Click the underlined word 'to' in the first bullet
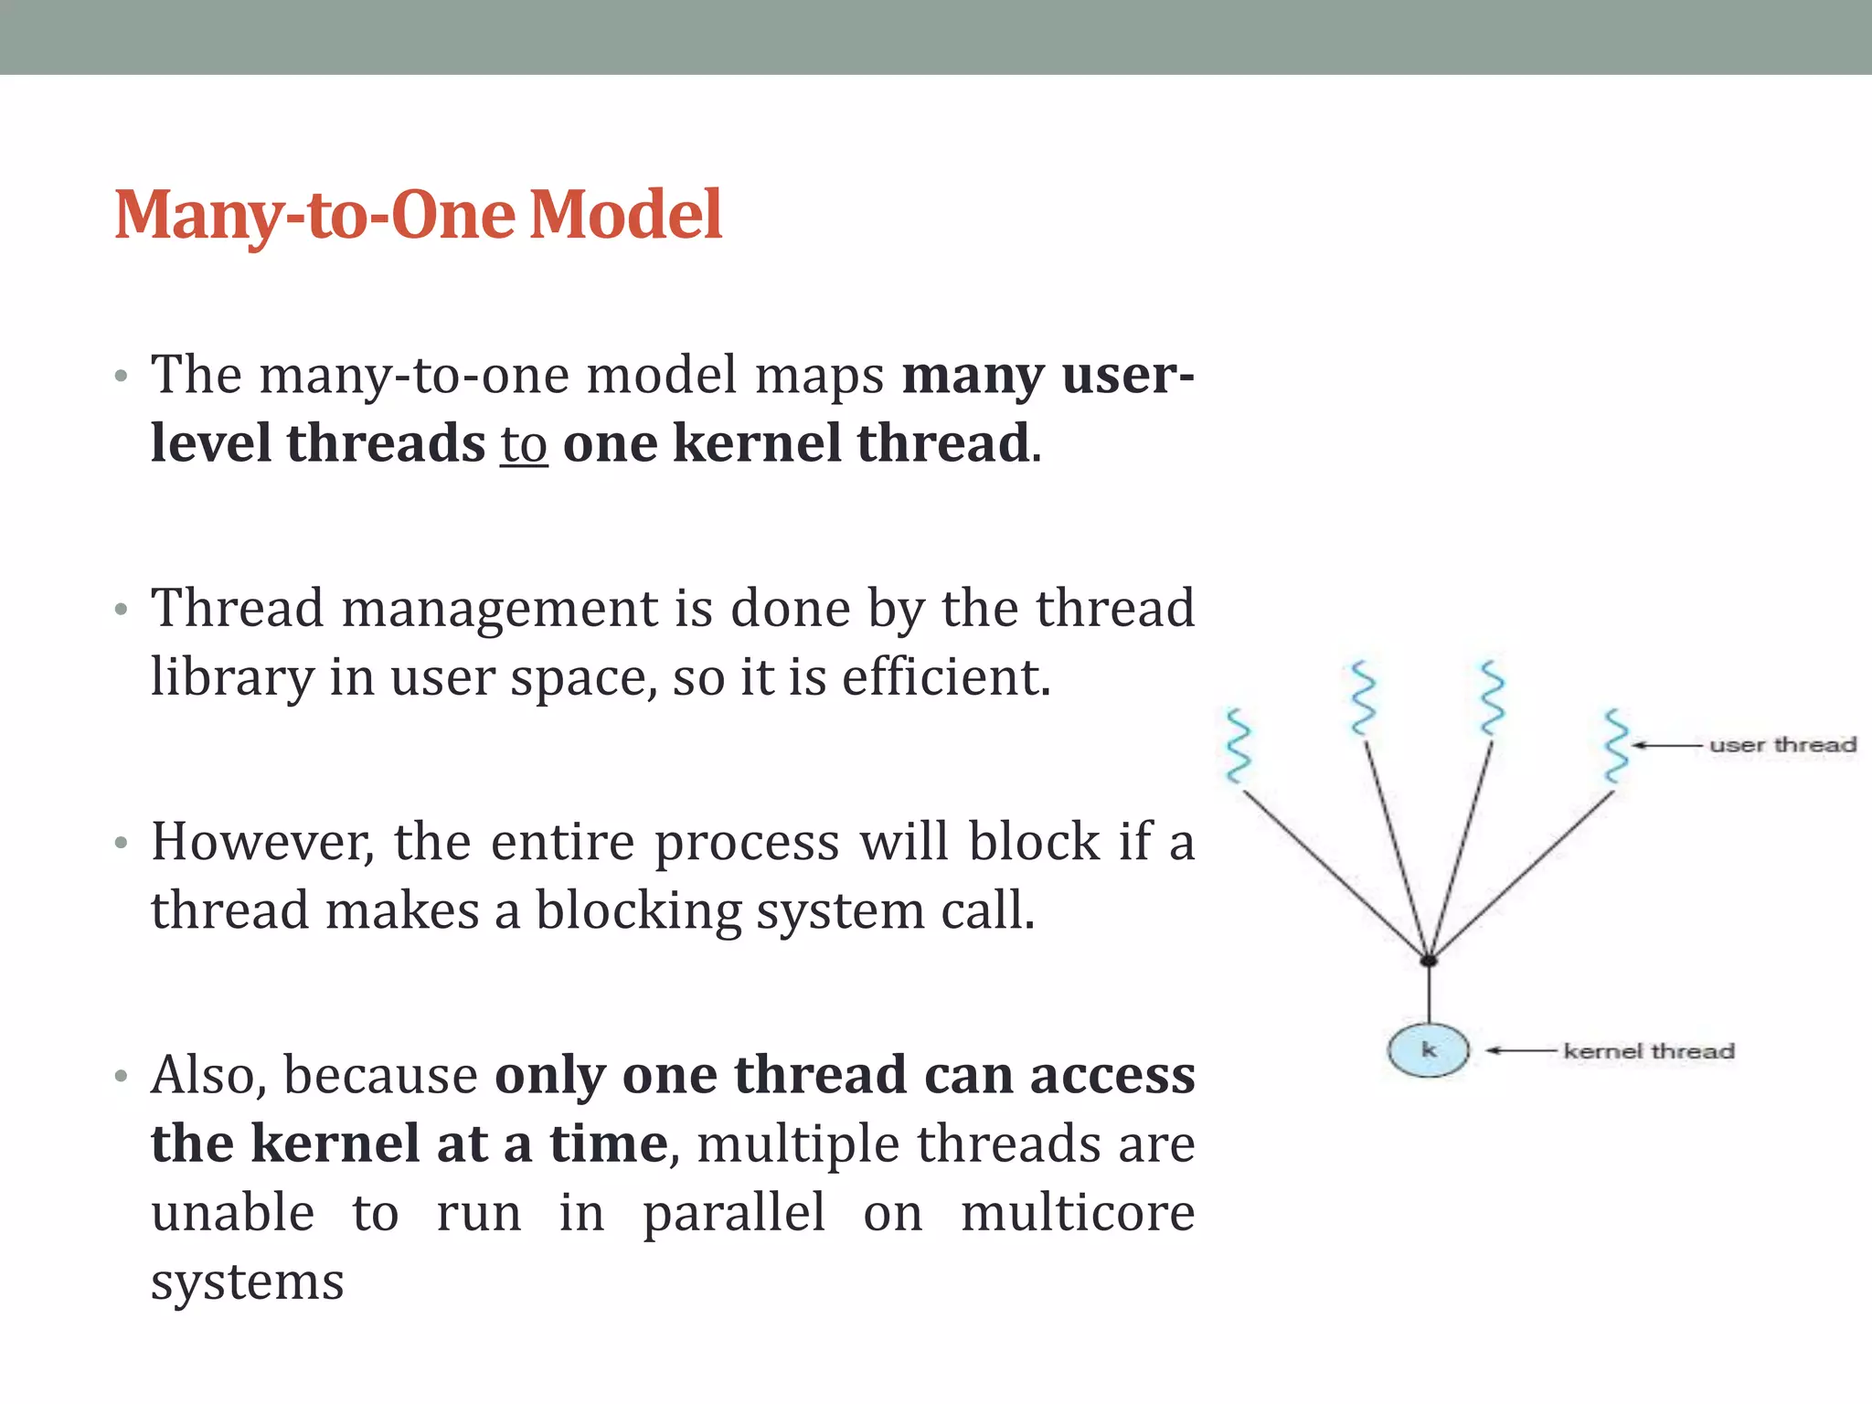[524, 445]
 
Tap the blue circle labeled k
[1428, 1050]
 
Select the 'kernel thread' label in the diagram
[1648, 1051]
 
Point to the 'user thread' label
[1782, 745]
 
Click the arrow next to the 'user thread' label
[1667, 746]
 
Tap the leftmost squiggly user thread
[1238, 746]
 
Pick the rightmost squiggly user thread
[1616, 745]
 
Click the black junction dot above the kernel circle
[1429, 961]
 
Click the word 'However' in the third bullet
[261, 842]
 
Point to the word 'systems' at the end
[247, 1282]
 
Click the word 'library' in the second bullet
[232, 678]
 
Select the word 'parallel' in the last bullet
[733, 1213]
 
